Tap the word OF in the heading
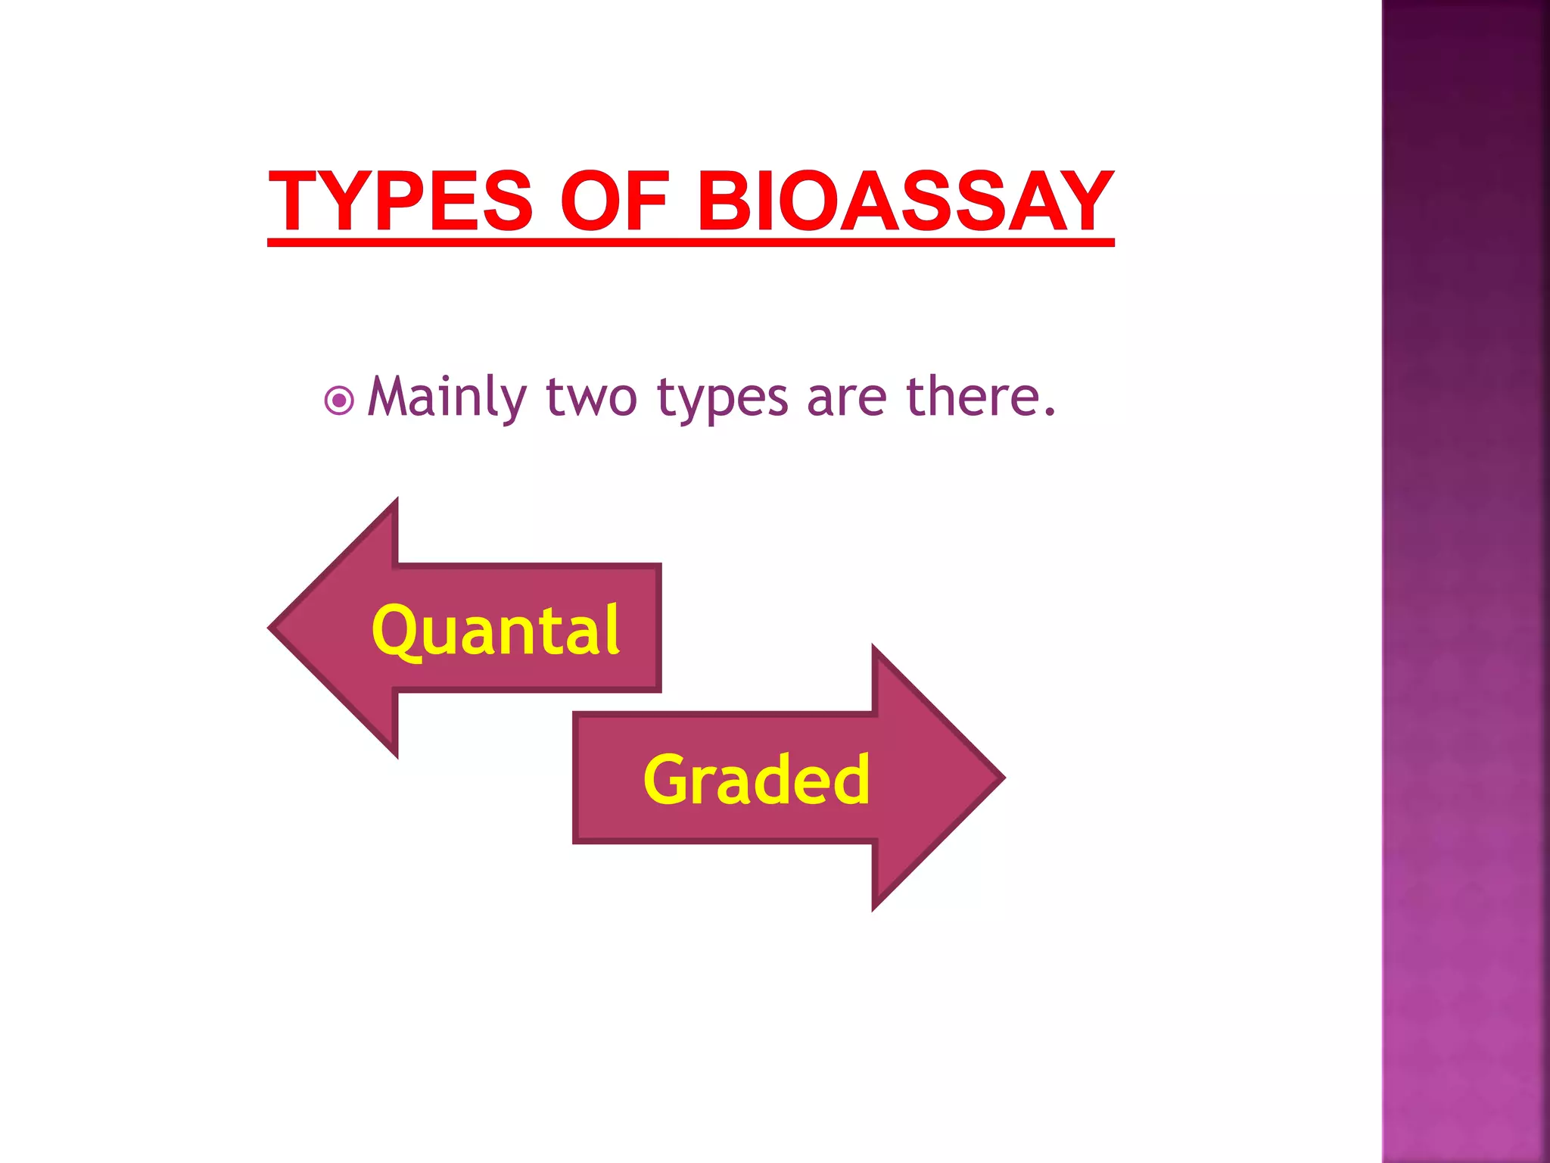(x=615, y=201)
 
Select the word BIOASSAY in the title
(x=904, y=201)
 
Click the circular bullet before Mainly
(x=338, y=401)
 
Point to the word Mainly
(x=447, y=398)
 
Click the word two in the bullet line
(x=591, y=398)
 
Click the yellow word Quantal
(x=496, y=630)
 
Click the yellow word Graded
(x=756, y=779)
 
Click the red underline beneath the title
(x=690, y=242)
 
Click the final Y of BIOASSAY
(x=1083, y=201)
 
